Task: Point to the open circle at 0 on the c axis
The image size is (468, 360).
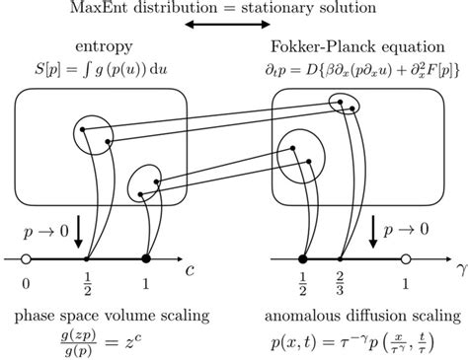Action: pos(27,259)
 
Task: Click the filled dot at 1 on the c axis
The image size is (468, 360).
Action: pos(147,259)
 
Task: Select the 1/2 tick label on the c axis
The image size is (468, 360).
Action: pos(88,281)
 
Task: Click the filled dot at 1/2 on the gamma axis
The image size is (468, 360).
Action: pos(303,259)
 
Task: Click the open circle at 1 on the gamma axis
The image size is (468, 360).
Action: pos(406,259)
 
